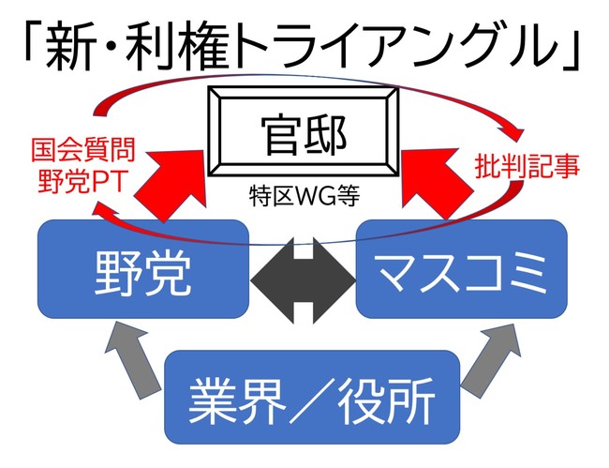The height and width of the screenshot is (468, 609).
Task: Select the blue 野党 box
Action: click(142, 271)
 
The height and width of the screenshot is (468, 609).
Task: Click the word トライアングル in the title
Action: click(412, 44)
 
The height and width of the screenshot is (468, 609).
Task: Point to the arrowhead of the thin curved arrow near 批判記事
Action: click(514, 131)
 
